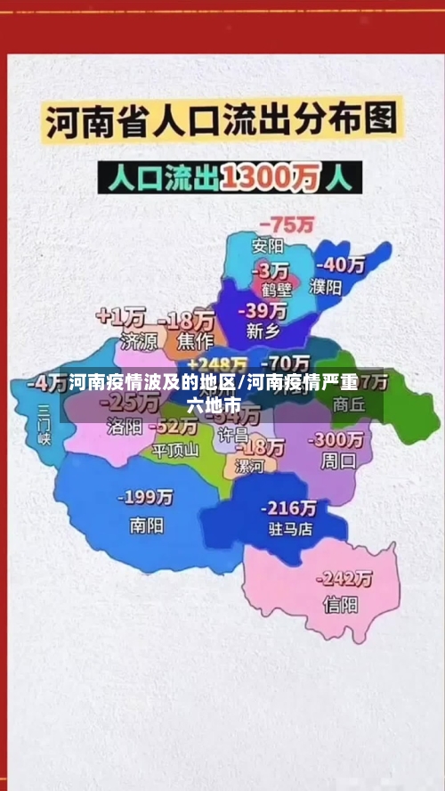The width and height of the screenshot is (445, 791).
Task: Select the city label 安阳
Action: [x=267, y=246]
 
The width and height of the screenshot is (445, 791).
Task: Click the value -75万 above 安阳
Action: [x=286, y=224]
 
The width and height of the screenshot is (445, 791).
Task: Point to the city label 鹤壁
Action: [x=277, y=289]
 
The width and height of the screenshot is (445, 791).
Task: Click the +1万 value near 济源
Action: [x=121, y=316]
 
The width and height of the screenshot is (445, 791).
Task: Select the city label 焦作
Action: [x=195, y=339]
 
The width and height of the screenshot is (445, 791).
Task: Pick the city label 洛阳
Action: [x=124, y=426]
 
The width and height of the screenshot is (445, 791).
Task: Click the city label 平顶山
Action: [x=175, y=449]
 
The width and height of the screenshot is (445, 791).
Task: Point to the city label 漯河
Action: [x=248, y=466]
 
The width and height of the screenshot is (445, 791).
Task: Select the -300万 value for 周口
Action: [x=336, y=440]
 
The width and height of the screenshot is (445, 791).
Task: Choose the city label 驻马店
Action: [x=290, y=528]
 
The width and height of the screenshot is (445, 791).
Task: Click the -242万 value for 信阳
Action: [x=346, y=578]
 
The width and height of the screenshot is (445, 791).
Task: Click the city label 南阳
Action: [x=145, y=525]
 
